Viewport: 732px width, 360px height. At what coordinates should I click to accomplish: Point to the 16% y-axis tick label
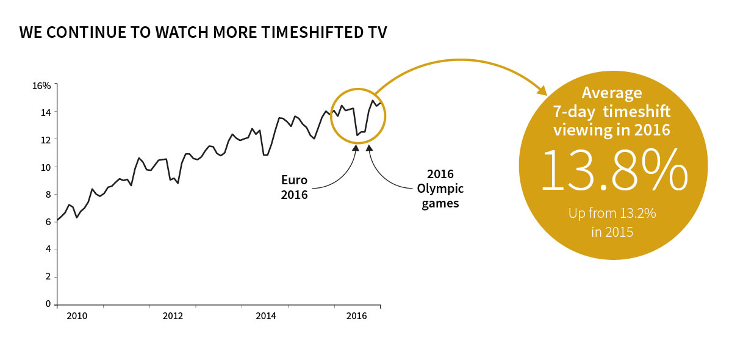[x=41, y=85]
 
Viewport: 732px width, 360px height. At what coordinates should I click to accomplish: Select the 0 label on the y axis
[x=48, y=304]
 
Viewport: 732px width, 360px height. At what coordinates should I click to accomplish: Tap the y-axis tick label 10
[x=46, y=167]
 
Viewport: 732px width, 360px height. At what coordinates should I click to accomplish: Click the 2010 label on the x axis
[x=77, y=316]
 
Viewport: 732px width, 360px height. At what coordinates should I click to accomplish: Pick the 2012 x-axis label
[x=173, y=316]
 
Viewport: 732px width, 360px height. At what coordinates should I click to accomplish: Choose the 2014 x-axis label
[x=266, y=316]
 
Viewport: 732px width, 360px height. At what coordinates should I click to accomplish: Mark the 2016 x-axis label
[x=356, y=316]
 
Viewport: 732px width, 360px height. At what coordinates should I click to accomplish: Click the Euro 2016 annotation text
[x=295, y=187]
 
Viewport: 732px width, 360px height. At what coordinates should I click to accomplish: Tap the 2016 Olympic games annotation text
[x=440, y=189]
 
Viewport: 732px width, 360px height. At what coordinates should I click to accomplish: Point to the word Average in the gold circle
[x=612, y=93]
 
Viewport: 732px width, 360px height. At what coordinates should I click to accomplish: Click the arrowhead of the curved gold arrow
[x=542, y=90]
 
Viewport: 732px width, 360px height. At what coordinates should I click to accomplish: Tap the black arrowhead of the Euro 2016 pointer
[x=356, y=147]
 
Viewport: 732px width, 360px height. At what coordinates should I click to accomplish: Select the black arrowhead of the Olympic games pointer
[x=369, y=147]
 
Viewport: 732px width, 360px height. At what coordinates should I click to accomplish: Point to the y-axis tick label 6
[x=48, y=222]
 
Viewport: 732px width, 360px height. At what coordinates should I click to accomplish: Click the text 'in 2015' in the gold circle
[x=612, y=232]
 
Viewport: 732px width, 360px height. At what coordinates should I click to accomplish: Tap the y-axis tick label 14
[x=46, y=112]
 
